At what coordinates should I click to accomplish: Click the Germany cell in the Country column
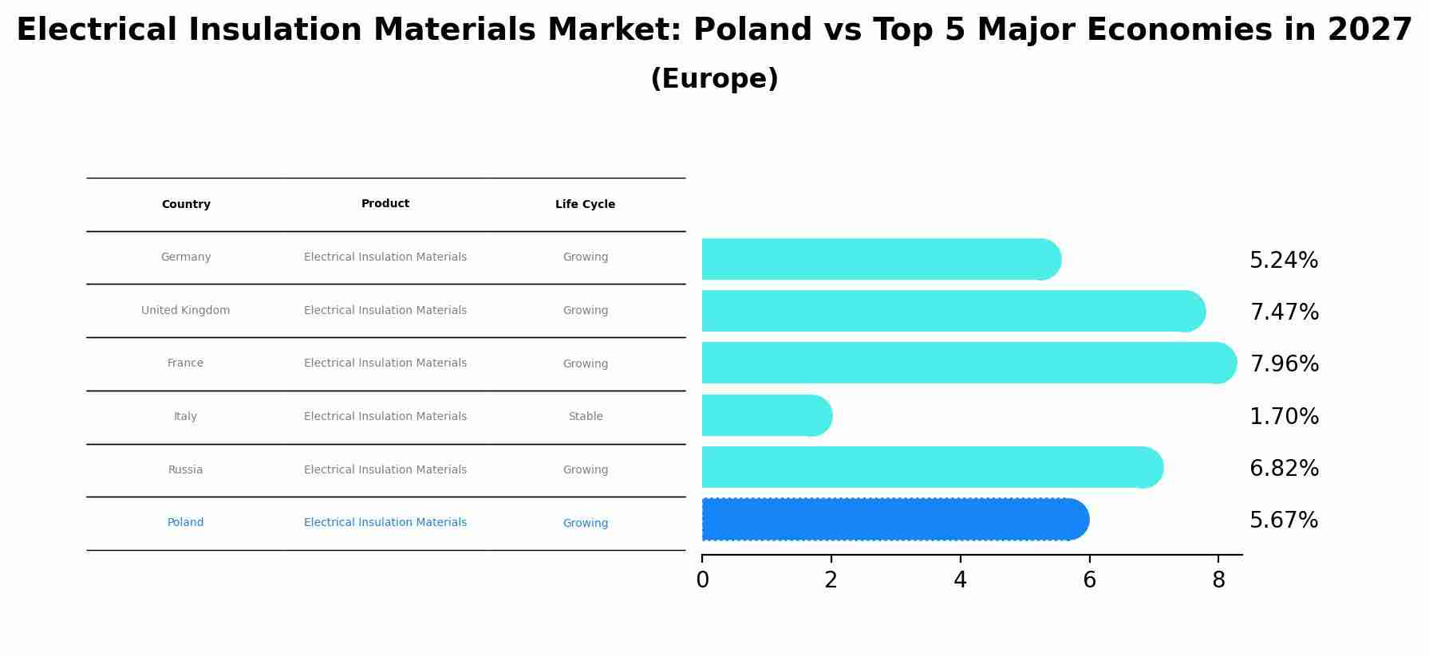[186, 257]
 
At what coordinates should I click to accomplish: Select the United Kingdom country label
[186, 311]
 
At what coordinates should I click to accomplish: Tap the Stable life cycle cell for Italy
[586, 417]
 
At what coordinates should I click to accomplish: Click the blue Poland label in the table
[186, 523]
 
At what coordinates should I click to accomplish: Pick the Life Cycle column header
[586, 205]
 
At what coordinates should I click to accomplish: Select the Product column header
[385, 204]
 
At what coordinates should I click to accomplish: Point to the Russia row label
[186, 470]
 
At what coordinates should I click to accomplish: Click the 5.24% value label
[1284, 261]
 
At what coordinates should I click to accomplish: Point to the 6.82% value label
[1284, 469]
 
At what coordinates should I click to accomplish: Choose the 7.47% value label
[1284, 312]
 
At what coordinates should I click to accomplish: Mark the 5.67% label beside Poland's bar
[1284, 520]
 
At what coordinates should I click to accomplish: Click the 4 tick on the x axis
[960, 580]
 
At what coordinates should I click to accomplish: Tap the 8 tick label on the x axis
[1218, 580]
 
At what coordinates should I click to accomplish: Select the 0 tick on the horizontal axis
[702, 580]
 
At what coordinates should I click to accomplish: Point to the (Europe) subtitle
[714, 79]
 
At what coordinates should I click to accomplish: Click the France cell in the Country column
[186, 363]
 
